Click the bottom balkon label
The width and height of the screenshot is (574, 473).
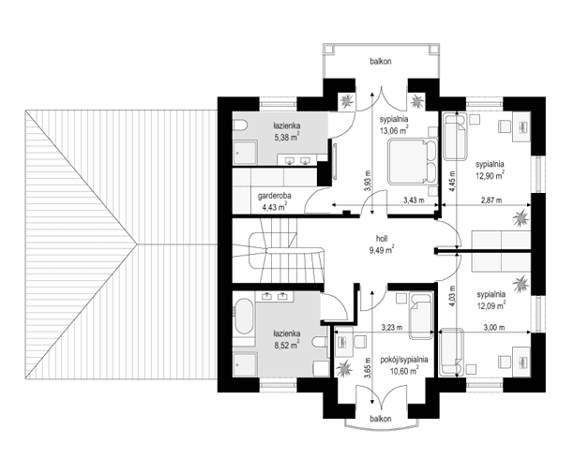(380, 419)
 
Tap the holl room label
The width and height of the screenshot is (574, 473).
(380, 238)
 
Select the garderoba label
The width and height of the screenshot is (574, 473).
(273, 195)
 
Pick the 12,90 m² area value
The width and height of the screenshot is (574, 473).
(489, 173)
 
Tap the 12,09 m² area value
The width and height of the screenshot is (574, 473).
(489, 303)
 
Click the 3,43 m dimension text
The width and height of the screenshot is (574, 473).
(414, 200)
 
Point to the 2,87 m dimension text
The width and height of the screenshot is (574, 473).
(489, 200)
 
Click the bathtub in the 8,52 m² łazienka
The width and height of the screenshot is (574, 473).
(243, 318)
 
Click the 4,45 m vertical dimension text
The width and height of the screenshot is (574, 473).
(451, 179)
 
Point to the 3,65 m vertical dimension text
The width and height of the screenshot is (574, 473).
(366, 375)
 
